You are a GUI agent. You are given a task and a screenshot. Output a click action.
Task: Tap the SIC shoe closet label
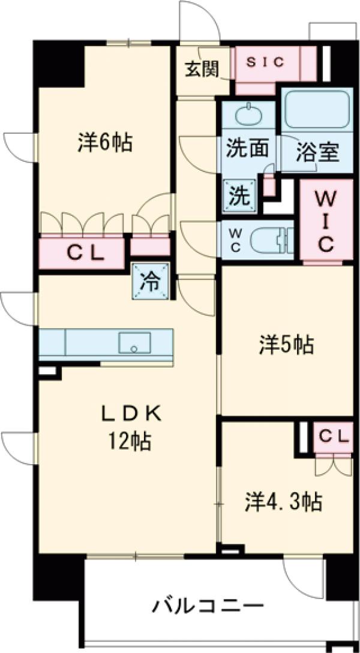[x=267, y=62]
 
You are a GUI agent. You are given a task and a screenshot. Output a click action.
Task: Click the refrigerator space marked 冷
[x=150, y=281]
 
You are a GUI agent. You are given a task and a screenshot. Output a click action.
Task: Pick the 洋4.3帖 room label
[x=282, y=501]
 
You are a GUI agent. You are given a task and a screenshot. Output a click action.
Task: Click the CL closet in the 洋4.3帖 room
[x=332, y=438]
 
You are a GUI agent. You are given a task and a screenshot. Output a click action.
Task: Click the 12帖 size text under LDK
[x=129, y=443]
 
